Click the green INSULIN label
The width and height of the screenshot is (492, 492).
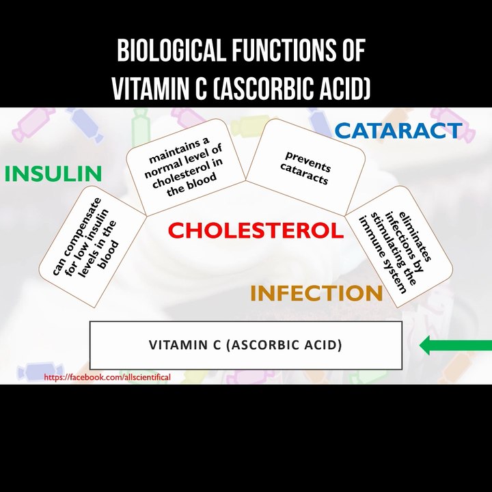(x=53, y=174)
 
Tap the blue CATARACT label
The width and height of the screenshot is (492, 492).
(x=398, y=131)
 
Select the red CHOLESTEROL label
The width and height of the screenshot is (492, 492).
(x=256, y=230)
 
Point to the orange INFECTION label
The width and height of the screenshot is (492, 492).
(x=316, y=293)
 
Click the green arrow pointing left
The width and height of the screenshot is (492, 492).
(x=456, y=345)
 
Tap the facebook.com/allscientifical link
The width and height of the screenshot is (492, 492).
(x=107, y=377)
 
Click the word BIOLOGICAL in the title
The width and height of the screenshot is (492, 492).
(x=172, y=50)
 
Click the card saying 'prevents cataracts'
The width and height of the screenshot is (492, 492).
(x=305, y=167)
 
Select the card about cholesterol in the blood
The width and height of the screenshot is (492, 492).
(x=185, y=167)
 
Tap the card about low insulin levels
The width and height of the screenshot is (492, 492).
(x=92, y=247)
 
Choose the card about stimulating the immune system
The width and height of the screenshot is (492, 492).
(x=399, y=247)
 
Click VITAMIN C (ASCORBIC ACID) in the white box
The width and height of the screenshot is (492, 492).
(x=245, y=345)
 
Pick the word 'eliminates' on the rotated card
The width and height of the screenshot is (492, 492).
(x=415, y=236)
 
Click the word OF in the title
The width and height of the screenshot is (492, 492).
(x=354, y=50)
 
